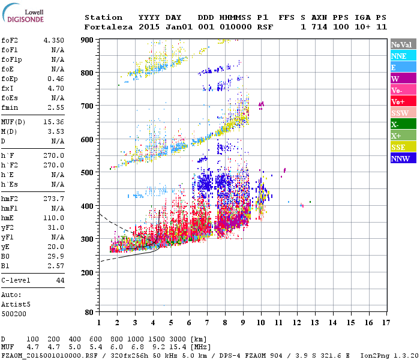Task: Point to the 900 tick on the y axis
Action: point(88,40)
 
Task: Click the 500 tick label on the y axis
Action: point(88,173)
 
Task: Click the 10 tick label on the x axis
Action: point(261,323)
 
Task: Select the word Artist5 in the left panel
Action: point(16,304)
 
